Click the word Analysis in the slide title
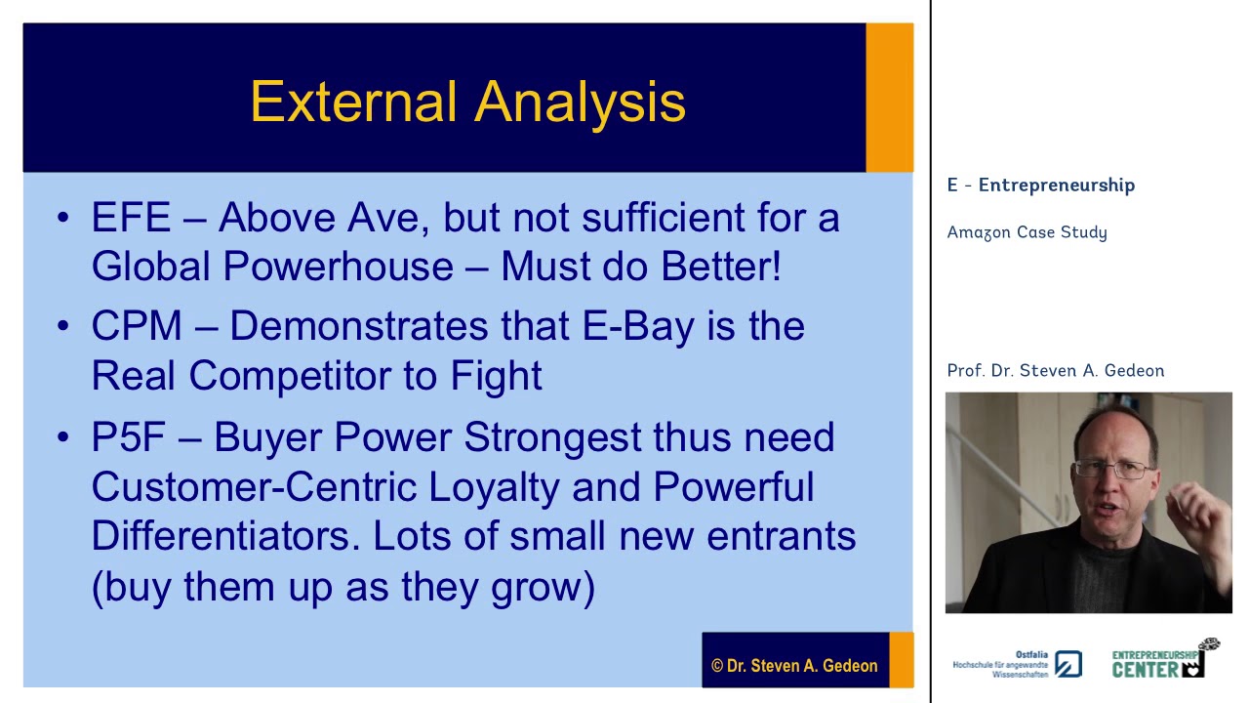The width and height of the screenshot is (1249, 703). (x=581, y=102)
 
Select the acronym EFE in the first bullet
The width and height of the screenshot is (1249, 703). (x=131, y=218)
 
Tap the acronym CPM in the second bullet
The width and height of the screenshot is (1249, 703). (x=137, y=326)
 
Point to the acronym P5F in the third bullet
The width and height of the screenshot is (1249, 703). (x=128, y=437)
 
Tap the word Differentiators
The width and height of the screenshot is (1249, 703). (x=226, y=536)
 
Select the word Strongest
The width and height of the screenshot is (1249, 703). (x=552, y=437)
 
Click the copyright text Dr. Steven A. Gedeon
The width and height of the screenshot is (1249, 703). (x=794, y=666)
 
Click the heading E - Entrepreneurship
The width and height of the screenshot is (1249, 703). (x=1040, y=186)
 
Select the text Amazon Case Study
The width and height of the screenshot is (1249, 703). (x=1027, y=232)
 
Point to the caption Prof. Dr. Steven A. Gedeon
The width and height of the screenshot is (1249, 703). (x=1055, y=371)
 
